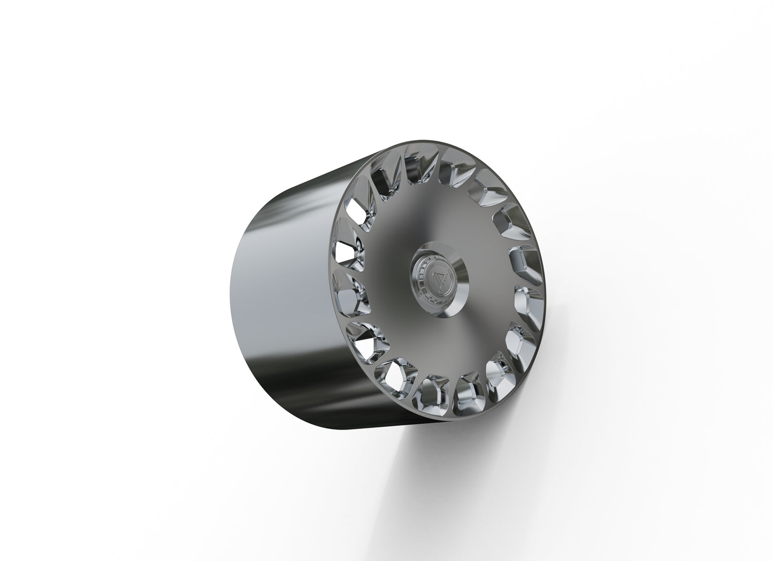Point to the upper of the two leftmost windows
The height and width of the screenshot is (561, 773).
click(x=345, y=252)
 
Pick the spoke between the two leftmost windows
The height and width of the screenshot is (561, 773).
click(x=343, y=271)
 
